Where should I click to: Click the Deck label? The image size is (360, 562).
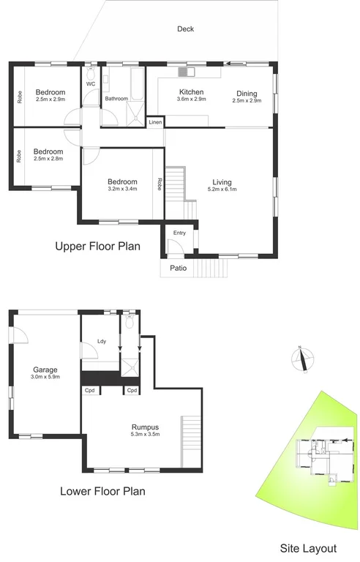(x=184, y=29)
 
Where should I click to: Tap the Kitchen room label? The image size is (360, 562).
(x=192, y=92)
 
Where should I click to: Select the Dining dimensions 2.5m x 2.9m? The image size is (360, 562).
(x=247, y=100)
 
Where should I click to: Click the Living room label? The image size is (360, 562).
(x=222, y=182)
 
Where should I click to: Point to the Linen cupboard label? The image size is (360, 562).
(x=155, y=122)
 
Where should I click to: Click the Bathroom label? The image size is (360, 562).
(x=116, y=98)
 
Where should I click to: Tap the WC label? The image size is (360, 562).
(x=91, y=84)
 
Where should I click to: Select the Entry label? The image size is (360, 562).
(x=179, y=233)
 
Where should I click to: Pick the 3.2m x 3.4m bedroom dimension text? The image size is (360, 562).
(x=122, y=190)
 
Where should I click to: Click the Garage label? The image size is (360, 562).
(x=45, y=370)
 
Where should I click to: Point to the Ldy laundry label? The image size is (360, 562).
(x=102, y=340)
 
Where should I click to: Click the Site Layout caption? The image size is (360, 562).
(x=309, y=548)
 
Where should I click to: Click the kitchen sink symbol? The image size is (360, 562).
(x=185, y=72)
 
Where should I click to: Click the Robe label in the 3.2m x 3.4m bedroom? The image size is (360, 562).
(x=159, y=184)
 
